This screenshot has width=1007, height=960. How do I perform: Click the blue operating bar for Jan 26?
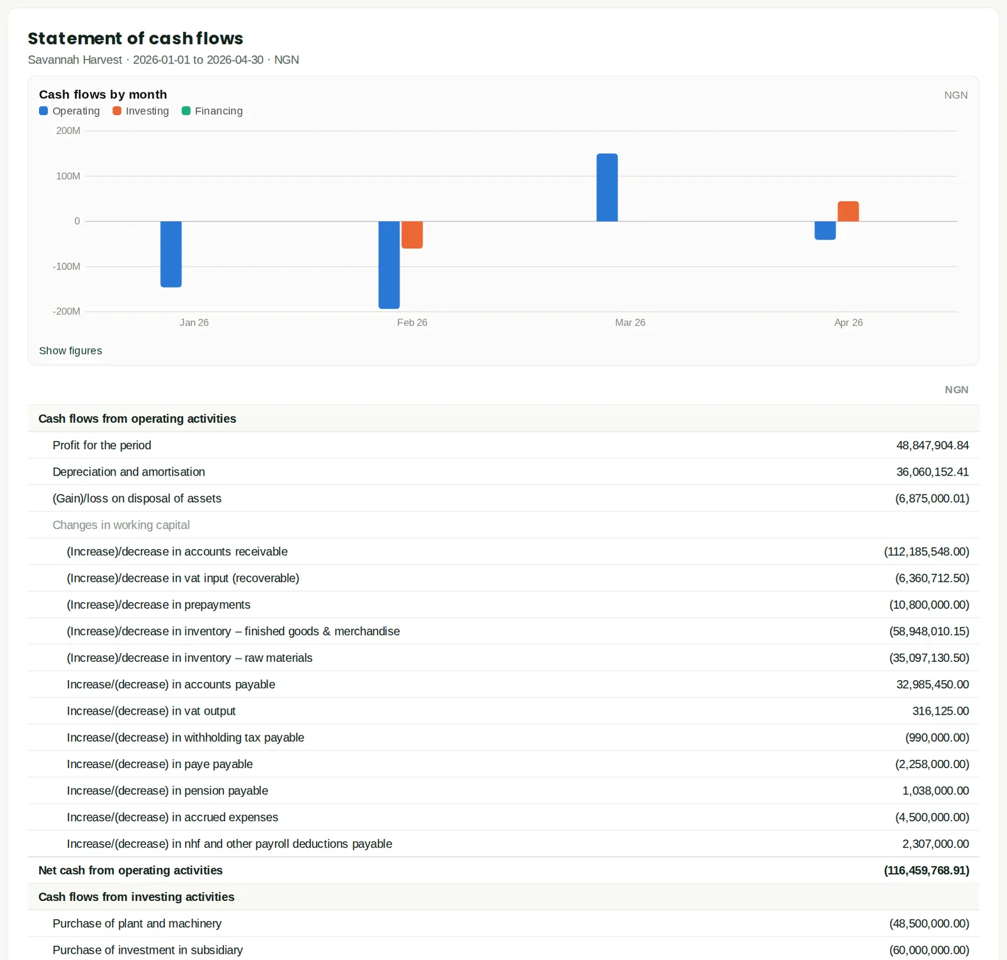click(x=171, y=254)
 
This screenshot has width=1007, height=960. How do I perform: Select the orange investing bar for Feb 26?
click(x=412, y=235)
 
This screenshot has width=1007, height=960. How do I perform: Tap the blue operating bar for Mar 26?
click(x=607, y=187)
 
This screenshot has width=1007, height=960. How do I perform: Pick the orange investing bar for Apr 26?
click(x=848, y=211)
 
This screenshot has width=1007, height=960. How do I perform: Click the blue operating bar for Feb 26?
click(x=389, y=265)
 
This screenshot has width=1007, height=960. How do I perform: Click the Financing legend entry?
click(x=212, y=111)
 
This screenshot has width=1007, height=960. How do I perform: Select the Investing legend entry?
click(x=141, y=111)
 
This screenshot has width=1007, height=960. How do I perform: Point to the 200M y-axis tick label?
click(x=68, y=131)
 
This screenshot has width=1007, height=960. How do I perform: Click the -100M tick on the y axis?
click(x=66, y=266)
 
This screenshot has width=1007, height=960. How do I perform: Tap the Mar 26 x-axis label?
click(x=630, y=323)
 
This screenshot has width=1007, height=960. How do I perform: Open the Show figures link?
click(x=70, y=350)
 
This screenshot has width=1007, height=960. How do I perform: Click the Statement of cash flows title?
click(x=135, y=38)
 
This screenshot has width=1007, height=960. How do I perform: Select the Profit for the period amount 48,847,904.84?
click(x=933, y=445)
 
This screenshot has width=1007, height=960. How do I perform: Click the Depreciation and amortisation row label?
click(x=129, y=472)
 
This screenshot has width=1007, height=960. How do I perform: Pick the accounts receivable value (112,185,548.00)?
click(x=926, y=552)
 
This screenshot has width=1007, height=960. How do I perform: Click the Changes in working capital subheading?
click(x=121, y=525)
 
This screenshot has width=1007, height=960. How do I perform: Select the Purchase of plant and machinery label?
click(x=137, y=924)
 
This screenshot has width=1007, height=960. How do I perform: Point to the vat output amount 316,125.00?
click(x=941, y=711)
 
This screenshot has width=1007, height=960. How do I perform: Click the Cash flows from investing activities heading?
click(x=137, y=897)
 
